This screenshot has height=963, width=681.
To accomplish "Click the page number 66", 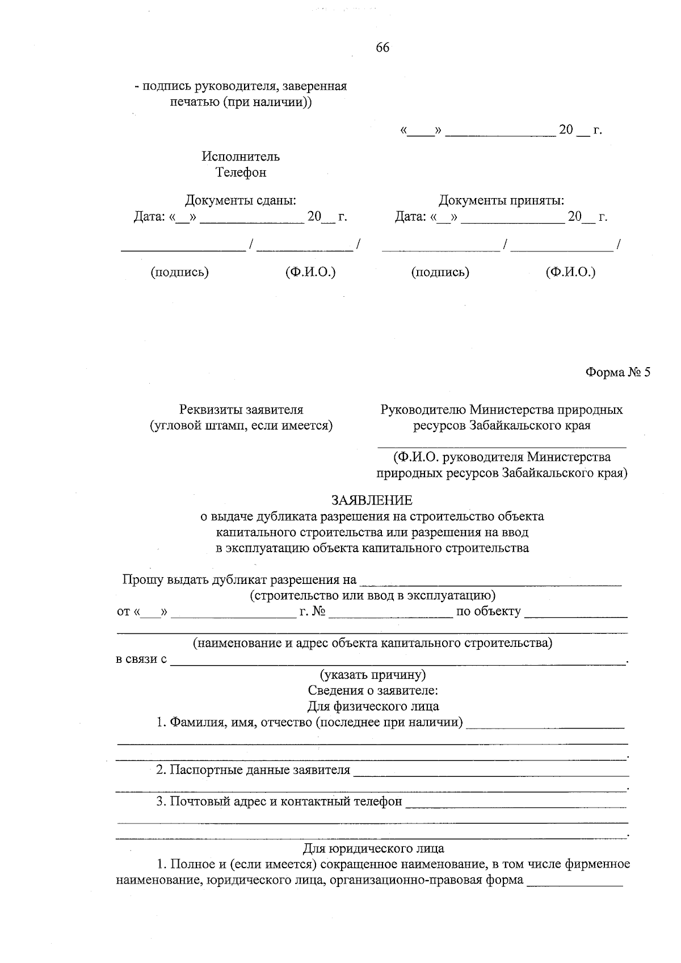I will pos(382,48).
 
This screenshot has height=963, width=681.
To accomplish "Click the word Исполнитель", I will pos(241,156).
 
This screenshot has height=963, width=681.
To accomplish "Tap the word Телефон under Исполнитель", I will pos(241,172).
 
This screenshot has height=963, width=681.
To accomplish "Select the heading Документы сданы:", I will pos(241,200).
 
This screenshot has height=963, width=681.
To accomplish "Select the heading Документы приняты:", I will pos(501,200).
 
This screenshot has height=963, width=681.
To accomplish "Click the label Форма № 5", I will pos(617,373).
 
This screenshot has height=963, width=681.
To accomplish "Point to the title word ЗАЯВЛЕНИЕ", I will pos(372,500).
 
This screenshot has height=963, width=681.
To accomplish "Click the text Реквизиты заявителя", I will pos(241,409).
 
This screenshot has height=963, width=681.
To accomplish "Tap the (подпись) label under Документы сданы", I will pos(179,272).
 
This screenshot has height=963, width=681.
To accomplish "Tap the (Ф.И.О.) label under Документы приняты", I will pos(570,272).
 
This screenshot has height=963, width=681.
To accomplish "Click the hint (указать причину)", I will pos(372,675).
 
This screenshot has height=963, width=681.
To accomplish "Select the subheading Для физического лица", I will pos(372,707).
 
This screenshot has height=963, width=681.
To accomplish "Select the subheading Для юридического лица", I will pos(372,848).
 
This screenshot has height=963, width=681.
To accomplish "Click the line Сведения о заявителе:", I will pos(372,691).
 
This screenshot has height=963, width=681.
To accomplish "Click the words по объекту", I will pos(488,612).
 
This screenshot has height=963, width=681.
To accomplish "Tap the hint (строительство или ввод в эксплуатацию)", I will pos(372,596).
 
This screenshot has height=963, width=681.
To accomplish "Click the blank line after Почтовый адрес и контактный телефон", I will pos(516,804).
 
